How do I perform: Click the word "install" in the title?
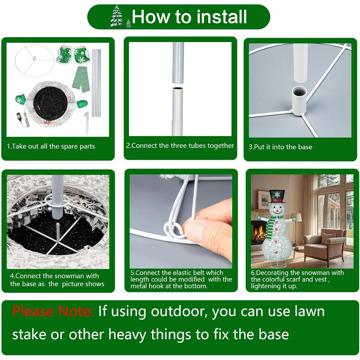[x=221, y=17]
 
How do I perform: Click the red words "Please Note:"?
[x=53, y=311]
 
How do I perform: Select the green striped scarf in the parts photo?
[x=81, y=79]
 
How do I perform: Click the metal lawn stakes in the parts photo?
[x=86, y=122]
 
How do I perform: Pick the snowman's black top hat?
[x=277, y=197]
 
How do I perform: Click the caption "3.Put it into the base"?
[x=280, y=147]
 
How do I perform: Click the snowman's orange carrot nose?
[x=278, y=210]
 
